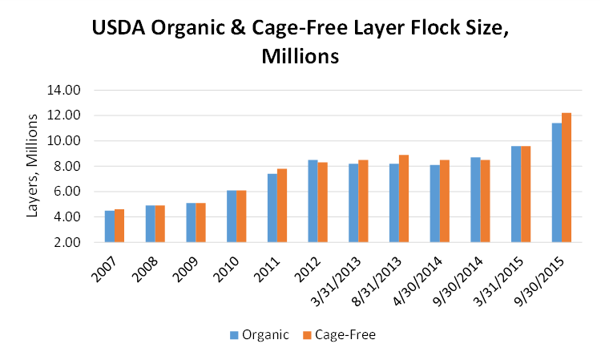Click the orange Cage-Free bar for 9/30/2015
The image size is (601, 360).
[x=567, y=178]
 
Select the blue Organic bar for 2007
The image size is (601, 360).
[x=110, y=227]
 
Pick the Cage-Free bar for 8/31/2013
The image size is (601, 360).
[x=404, y=199]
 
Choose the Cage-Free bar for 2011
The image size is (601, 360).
[x=282, y=206]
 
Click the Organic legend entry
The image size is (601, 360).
[x=260, y=335]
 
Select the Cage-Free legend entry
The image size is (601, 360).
[x=345, y=335]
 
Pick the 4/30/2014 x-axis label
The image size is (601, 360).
[x=426, y=272]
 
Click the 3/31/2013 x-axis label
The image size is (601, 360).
[x=345, y=272]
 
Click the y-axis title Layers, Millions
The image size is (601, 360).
[x=33, y=166]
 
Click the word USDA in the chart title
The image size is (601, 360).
[x=119, y=30]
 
